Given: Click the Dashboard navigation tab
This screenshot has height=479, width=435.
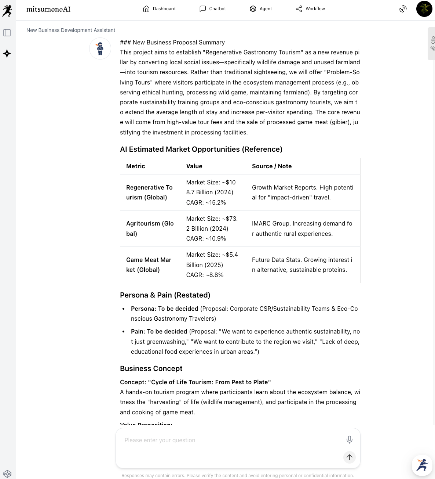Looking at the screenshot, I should click(159, 9).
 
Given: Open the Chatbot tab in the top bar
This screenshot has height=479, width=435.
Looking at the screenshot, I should click(213, 9).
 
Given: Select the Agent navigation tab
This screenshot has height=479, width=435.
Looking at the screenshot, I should click(261, 9).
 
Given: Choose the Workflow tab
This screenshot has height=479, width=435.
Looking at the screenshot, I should click(310, 9).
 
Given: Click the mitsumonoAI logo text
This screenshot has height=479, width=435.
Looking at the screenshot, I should click(48, 9).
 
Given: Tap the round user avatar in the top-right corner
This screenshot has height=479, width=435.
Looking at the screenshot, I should click(424, 9).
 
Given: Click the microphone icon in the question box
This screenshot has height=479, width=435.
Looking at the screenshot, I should click(350, 439).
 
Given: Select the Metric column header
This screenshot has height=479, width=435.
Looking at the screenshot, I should click(136, 166).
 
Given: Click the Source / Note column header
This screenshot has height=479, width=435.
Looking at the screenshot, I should click(272, 166).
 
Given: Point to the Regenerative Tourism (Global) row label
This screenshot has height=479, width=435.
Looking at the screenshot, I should click(149, 192).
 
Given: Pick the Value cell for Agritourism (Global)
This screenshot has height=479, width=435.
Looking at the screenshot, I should click(212, 228).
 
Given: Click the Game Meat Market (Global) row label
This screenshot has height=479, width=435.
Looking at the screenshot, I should click(149, 265).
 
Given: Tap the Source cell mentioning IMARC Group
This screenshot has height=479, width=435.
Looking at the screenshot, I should click(302, 228).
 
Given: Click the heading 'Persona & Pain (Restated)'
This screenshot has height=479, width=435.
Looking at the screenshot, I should click(165, 295).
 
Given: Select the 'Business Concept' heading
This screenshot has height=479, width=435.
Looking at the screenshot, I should click(151, 368).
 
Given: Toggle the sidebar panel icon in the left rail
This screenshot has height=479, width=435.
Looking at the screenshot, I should click(7, 33).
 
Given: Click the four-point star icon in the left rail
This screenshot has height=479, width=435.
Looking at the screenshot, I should click(7, 54).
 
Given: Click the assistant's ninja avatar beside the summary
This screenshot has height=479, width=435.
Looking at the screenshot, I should click(100, 48).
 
